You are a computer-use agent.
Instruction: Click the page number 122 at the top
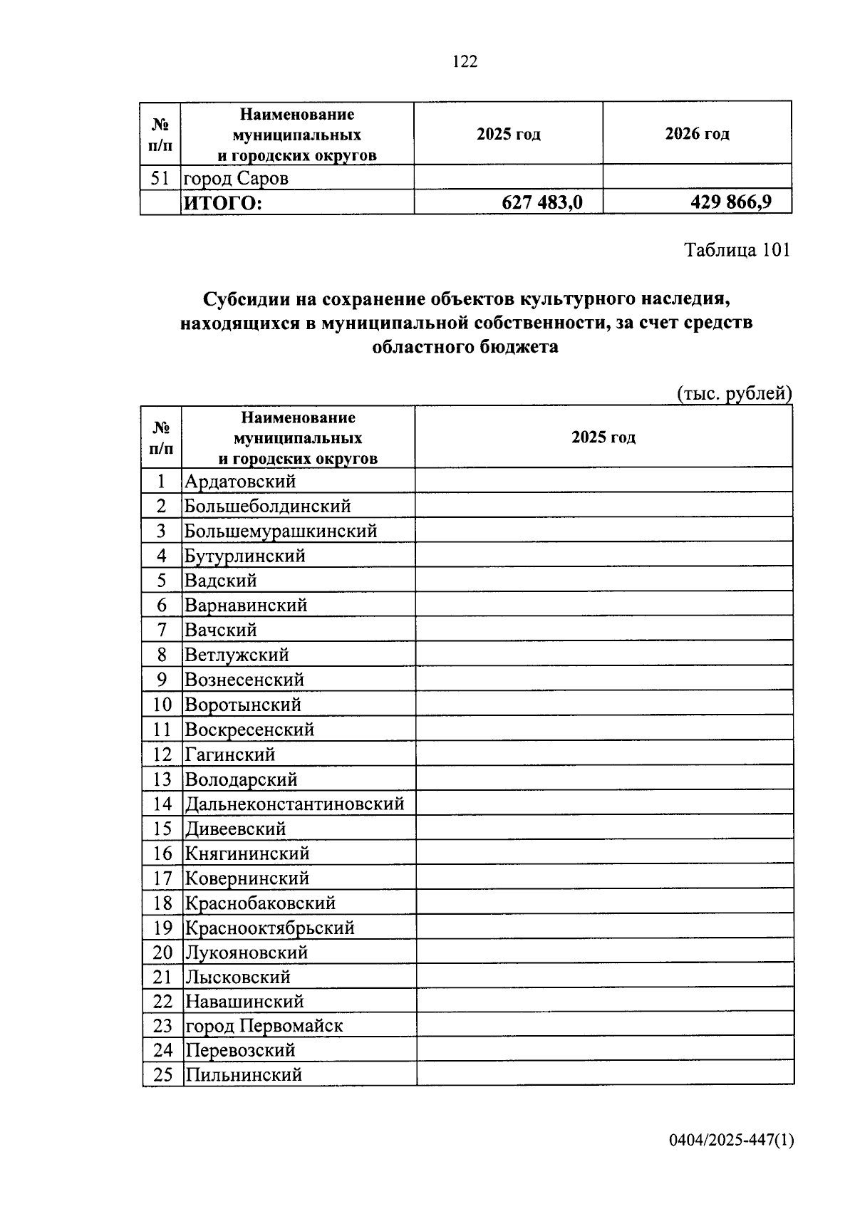tap(465, 61)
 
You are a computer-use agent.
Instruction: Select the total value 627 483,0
tap(541, 203)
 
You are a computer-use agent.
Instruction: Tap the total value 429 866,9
tap(730, 202)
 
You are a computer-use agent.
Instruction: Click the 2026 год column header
tap(697, 134)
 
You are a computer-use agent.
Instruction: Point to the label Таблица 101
tap(737, 250)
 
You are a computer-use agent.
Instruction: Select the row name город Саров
tap(237, 178)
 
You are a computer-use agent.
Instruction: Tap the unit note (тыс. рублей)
tap(734, 393)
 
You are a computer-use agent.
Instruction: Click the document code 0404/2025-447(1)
tap(730, 1141)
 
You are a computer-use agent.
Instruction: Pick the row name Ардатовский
tap(240, 482)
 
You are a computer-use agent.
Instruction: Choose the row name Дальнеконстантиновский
tap(294, 804)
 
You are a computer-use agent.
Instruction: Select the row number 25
tap(162, 1075)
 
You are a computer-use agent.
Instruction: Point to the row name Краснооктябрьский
tap(269, 928)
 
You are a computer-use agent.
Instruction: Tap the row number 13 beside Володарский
tap(162, 779)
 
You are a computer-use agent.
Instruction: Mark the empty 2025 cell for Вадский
tap(603, 581)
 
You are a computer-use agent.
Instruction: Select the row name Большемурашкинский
tap(281, 531)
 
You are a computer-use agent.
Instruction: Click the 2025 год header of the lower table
tap(603, 437)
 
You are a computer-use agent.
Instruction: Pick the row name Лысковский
tap(237, 977)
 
